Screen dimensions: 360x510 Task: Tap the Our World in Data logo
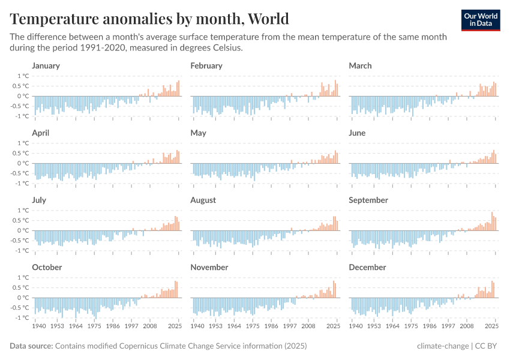tap(481, 20)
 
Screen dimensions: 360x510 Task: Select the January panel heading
tap(46, 66)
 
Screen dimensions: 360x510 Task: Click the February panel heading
tap(206, 66)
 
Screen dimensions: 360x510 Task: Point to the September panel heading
tap(368, 200)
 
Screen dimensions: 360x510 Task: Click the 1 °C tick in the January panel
tap(23, 76)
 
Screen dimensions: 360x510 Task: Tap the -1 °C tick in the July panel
tap(22, 250)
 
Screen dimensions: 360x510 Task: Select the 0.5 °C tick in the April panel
tap(21, 153)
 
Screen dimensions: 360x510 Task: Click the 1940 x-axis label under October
tap(38, 326)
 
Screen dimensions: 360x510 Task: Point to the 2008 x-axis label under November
tap(308, 326)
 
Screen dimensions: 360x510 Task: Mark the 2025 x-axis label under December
tap(492, 326)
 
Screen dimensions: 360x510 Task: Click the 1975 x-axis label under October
tap(94, 326)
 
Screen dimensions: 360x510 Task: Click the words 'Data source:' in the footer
tap(31, 346)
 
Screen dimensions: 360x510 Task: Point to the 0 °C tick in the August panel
tap(181, 230)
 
